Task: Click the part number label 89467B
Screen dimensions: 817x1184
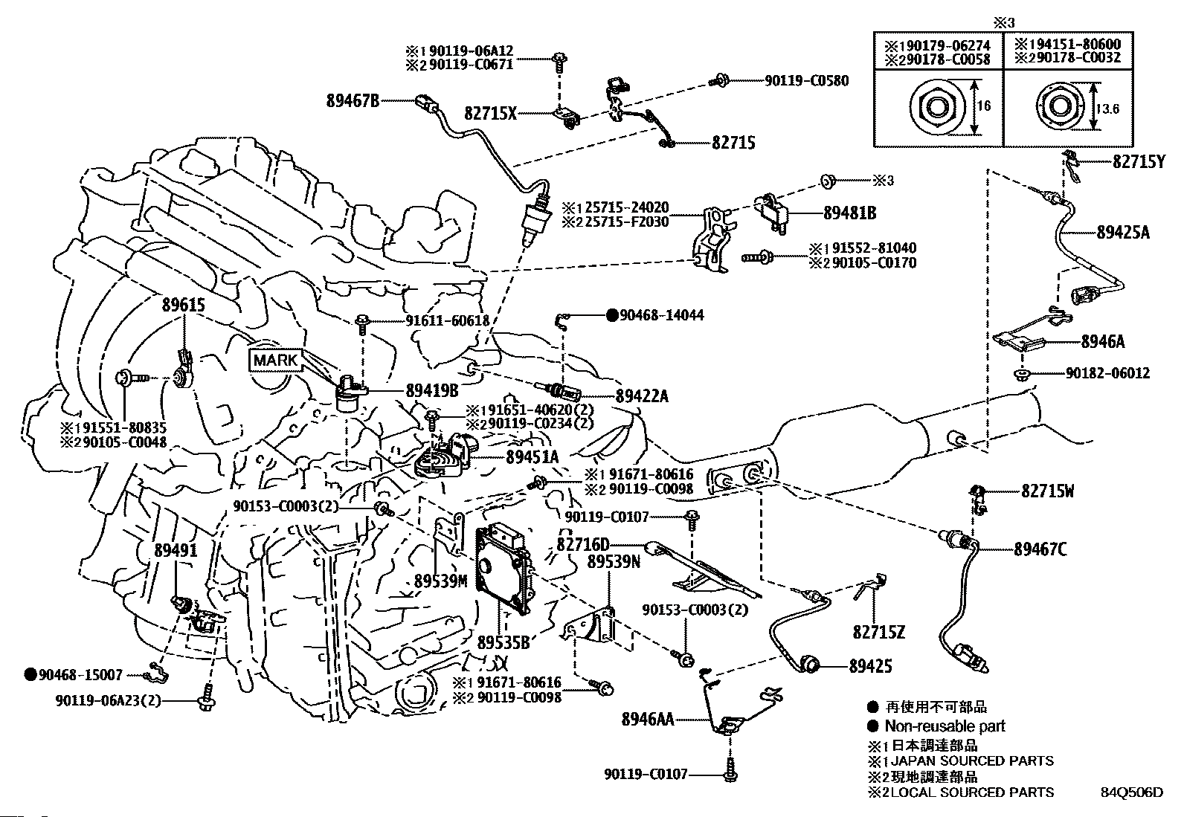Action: tap(353, 99)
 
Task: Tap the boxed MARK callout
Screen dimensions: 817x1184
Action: tap(276, 361)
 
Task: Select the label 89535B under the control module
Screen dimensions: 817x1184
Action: tap(503, 642)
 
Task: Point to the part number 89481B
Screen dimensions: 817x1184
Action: tap(849, 213)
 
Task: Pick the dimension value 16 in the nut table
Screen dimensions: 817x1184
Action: tap(983, 106)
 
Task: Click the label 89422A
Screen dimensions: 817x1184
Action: tap(642, 396)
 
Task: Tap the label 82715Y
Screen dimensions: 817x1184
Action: tap(1139, 161)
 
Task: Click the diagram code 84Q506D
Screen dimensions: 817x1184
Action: tap(1132, 792)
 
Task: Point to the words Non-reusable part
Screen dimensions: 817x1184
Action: tap(945, 726)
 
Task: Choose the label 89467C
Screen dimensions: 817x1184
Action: tap(1040, 549)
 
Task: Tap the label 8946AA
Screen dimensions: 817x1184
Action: tap(648, 719)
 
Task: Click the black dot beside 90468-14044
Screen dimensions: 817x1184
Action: tap(612, 315)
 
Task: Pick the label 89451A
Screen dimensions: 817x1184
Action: tap(532, 458)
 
